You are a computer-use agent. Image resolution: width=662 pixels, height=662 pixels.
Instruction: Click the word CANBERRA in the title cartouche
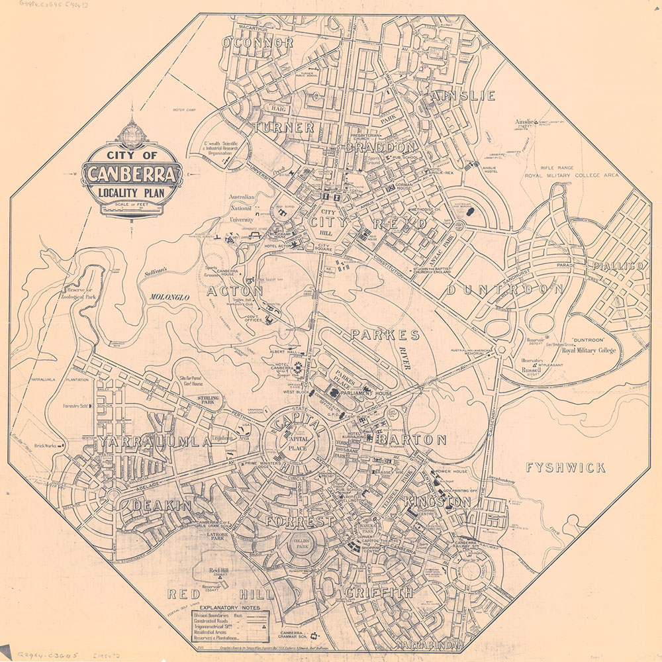(x=132, y=175)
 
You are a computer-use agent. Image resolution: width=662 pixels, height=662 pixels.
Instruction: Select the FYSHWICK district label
(x=565, y=468)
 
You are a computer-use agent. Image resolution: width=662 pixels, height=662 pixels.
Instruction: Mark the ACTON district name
(x=235, y=291)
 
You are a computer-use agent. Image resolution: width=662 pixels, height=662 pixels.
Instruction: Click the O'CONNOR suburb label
(x=258, y=43)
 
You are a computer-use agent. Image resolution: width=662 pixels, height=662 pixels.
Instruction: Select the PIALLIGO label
(x=620, y=265)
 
